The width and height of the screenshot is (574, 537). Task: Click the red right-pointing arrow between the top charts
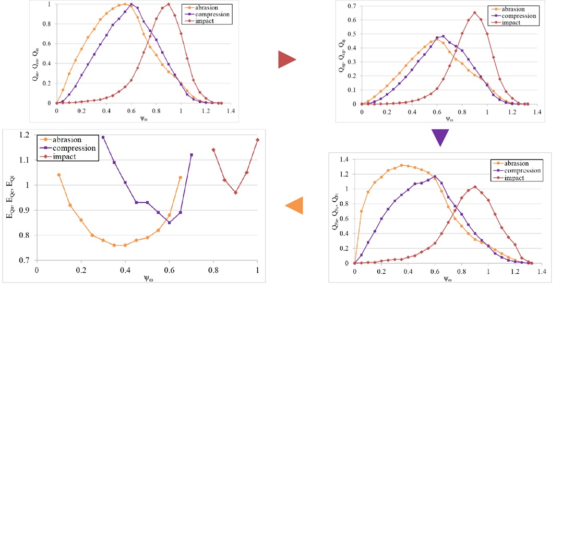pyautogui.click(x=287, y=60)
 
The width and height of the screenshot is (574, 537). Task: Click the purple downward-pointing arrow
pyautogui.click(x=440, y=138)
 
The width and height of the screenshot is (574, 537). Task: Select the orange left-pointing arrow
pyautogui.click(x=294, y=206)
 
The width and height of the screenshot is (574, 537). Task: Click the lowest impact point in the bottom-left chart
pyautogui.click(x=235, y=192)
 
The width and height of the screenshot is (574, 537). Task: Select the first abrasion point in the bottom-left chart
pyautogui.click(x=59, y=175)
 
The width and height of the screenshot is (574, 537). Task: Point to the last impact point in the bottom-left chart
pyautogui.click(x=258, y=140)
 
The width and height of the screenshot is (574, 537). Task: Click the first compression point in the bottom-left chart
pyautogui.click(x=103, y=137)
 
